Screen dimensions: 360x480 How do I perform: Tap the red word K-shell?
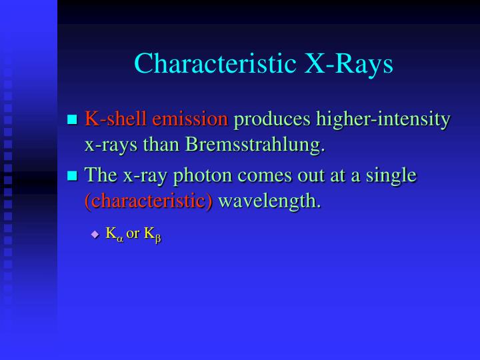pos(116,120)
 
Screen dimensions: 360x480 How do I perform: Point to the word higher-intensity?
pos(383,120)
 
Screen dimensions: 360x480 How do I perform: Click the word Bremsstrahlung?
pos(255,145)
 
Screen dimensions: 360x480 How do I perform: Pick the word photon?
pos(193,175)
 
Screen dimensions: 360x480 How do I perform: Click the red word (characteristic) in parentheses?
pos(148,201)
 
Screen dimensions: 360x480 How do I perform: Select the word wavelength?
pos(269,201)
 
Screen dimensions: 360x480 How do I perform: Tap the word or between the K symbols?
pos(133,234)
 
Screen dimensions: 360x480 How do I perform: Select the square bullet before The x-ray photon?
pos(73,176)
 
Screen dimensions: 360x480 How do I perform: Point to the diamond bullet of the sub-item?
pos(95,234)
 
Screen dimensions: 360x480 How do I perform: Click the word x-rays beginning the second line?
pos(107,145)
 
